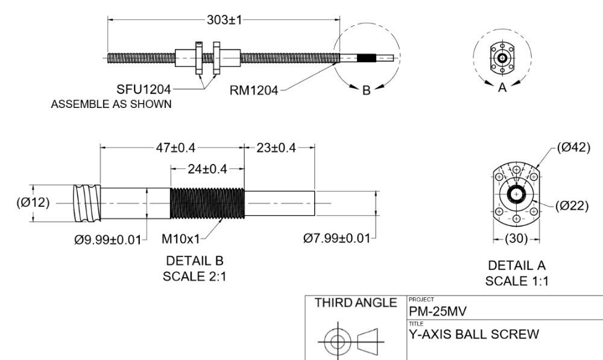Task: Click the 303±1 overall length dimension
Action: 224,19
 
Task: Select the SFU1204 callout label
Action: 143,90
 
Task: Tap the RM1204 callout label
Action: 254,90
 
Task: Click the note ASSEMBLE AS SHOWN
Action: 111,104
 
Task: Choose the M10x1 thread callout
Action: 181,239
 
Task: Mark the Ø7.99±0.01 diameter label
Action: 336,239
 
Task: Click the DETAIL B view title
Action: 194,261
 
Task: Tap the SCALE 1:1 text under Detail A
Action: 517,281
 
